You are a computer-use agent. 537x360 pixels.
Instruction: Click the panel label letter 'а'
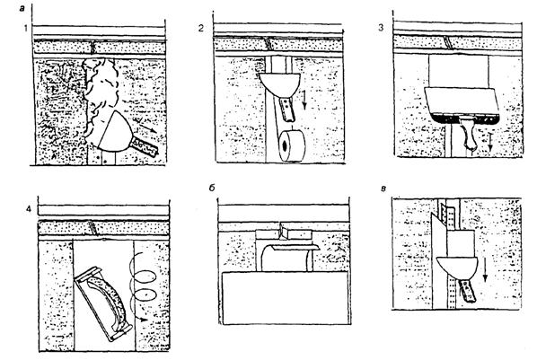coord(22,9)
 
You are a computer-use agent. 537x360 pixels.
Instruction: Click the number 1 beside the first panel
coord(26,28)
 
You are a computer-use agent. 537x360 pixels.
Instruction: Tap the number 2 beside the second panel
coord(201,28)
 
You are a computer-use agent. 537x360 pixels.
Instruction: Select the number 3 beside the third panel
coord(381,28)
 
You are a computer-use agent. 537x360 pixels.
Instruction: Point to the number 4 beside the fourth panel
coord(29,208)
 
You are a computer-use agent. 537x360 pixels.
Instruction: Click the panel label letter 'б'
coord(212,188)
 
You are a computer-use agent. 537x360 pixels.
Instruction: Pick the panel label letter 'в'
coord(384,189)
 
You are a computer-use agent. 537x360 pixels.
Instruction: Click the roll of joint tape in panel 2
coord(292,145)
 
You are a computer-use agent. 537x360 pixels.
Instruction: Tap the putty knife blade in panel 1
coord(114,131)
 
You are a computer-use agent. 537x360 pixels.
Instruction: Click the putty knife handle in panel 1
coord(145,145)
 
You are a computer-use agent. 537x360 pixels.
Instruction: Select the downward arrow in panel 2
coord(304,100)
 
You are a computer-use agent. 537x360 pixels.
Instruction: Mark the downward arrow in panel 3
coord(490,142)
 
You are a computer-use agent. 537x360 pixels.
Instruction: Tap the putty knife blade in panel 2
coord(279,85)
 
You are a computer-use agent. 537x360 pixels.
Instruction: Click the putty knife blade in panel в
coord(457,268)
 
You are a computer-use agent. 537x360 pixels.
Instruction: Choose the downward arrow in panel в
coord(484,270)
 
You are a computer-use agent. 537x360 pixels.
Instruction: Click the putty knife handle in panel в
coord(467,291)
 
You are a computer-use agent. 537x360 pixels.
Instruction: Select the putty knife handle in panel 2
coord(287,109)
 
